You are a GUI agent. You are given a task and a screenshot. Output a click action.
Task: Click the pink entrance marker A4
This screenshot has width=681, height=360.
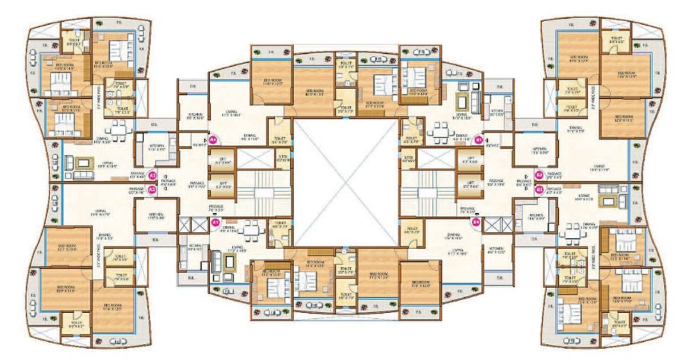coord(213,139)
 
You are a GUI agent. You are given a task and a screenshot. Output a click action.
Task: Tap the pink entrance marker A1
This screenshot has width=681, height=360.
coord(215,223)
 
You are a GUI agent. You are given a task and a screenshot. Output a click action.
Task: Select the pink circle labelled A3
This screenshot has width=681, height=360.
coord(153,177)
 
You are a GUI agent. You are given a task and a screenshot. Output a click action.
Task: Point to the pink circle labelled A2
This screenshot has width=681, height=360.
coord(153,189)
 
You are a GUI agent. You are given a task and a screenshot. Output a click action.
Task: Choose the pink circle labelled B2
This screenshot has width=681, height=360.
coord(539,175)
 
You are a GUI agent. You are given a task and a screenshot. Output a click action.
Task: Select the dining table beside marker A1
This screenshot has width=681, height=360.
coord(249,230)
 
